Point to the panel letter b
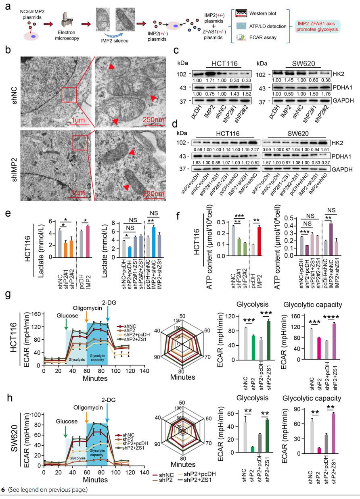(6, 51)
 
